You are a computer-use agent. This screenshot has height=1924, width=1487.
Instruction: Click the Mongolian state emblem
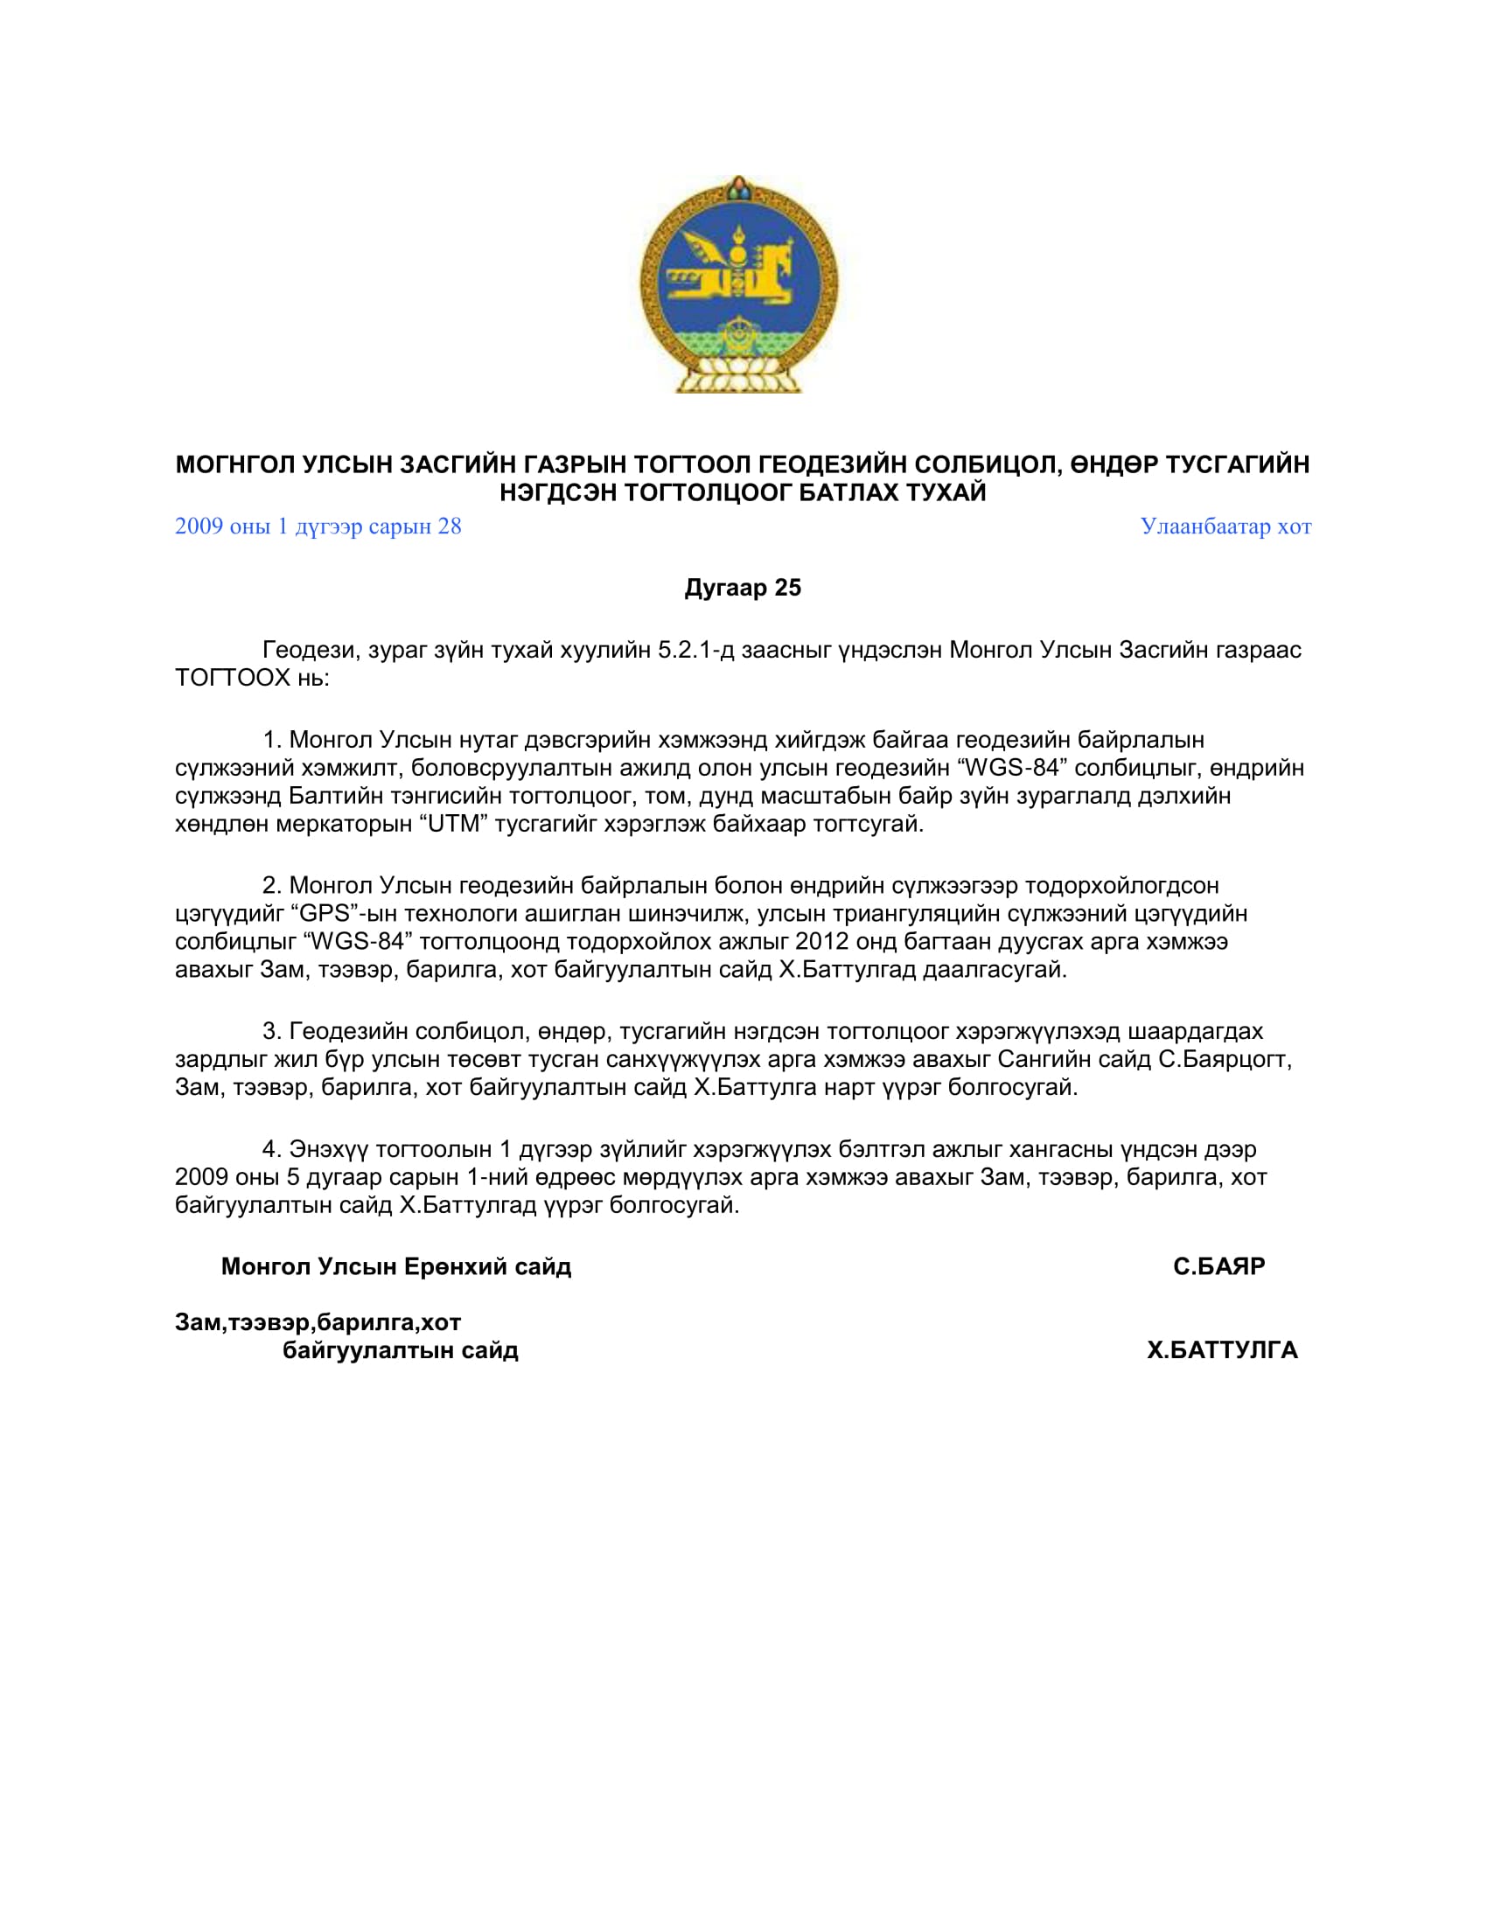739,284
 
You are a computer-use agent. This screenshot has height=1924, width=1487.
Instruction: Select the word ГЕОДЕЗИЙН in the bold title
832,464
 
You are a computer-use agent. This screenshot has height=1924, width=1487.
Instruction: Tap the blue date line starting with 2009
318,526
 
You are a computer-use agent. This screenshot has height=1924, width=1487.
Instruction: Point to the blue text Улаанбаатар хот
1225,526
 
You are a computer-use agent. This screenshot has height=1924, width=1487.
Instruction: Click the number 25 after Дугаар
787,588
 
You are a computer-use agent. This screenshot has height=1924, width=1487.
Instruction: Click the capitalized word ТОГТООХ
233,678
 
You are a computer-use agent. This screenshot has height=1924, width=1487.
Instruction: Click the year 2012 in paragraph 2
820,941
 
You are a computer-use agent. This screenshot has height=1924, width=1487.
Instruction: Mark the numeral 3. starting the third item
271,1031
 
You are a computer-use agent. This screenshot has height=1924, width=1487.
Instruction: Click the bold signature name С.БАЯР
1218,1267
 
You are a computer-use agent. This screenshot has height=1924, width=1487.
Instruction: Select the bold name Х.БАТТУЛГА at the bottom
1222,1349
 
